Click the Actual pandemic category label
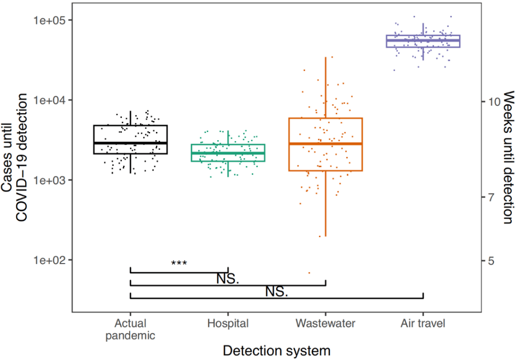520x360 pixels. (130, 329)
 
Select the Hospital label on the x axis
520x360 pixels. (228, 323)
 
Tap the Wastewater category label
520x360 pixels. (325, 323)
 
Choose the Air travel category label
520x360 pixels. (423, 323)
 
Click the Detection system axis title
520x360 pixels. (276, 351)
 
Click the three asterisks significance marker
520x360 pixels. (179, 264)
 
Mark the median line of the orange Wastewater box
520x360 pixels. (325, 144)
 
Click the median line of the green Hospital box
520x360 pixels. (228, 153)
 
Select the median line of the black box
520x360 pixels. (130, 143)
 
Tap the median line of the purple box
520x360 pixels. (423, 40)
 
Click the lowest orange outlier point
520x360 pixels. (310, 273)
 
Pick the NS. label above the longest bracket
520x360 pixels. (276, 292)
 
